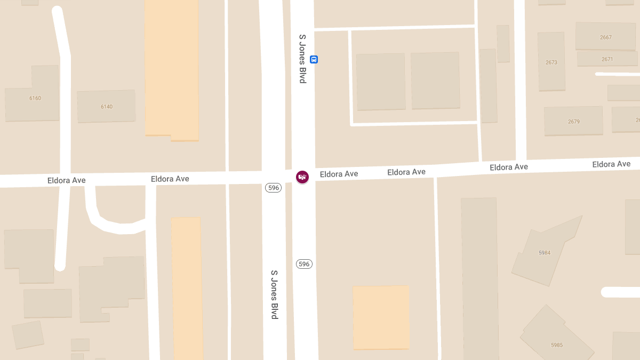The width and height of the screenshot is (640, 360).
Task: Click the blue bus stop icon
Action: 314,59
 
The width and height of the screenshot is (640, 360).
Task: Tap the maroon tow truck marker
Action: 302,177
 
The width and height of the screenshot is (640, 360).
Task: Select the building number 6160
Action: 35,98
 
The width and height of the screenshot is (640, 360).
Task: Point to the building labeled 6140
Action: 107,107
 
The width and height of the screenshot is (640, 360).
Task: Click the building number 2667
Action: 606,37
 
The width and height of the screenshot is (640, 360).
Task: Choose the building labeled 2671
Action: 607,59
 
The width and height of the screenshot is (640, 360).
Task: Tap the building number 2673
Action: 551,62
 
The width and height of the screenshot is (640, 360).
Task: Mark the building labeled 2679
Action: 574,122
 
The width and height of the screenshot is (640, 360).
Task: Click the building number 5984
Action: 545,252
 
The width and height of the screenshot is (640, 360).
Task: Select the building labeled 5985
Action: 557,345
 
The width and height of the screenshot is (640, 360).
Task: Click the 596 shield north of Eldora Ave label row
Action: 274,187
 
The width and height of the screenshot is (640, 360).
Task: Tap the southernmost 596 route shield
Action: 304,264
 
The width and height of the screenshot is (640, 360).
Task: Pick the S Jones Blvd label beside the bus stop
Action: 302,59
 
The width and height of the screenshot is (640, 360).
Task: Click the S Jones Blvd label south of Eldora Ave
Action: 274,294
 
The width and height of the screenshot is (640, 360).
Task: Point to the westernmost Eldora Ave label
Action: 67,180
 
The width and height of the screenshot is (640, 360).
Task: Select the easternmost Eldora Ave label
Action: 611,164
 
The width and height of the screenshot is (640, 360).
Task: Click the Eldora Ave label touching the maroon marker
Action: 339,174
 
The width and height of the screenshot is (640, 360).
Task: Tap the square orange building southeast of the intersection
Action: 381,317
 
